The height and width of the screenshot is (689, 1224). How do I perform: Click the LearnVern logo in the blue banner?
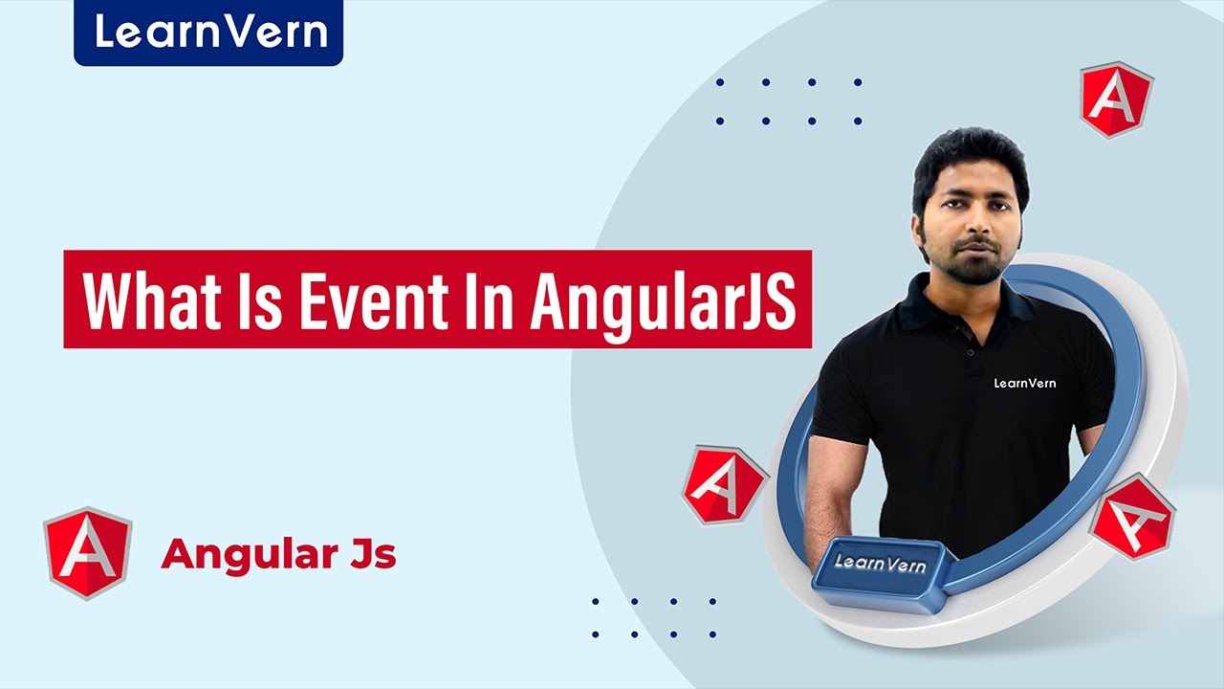[x=208, y=32]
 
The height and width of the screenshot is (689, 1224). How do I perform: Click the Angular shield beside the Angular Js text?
[x=88, y=553]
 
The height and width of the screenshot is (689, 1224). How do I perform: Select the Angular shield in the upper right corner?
[x=1116, y=100]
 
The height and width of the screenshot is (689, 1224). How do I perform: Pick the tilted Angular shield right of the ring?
[x=1131, y=516]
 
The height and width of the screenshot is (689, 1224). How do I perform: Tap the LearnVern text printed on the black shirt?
[x=1024, y=383]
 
